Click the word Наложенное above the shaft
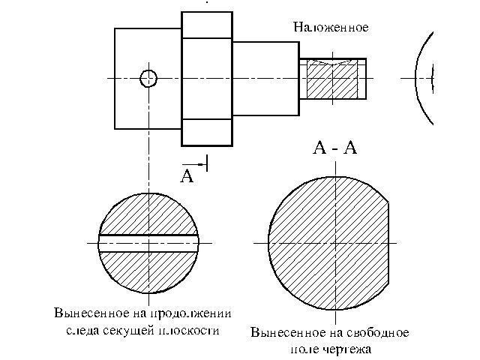click(x=331, y=27)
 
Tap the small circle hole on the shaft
click(x=148, y=78)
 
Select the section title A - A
click(x=334, y=148)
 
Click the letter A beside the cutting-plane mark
click(x=187, y=176)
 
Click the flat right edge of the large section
click(x=390, y=244)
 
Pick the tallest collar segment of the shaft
click(x=207, y=79)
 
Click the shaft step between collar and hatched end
click(x=265, y=78)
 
